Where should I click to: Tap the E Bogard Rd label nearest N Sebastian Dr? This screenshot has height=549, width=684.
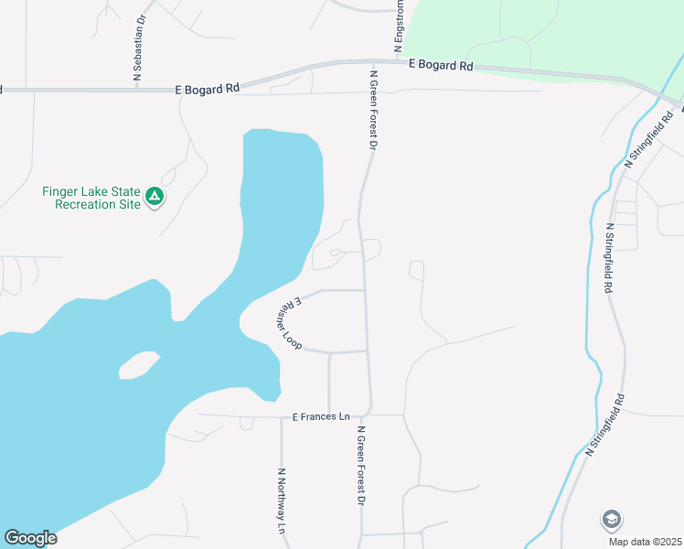pos(208,89)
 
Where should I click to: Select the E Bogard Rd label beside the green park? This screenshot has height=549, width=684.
pos(442,65)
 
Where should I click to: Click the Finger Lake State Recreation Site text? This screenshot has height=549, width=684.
pos(91,198)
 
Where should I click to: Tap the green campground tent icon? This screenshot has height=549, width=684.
pos(156,196)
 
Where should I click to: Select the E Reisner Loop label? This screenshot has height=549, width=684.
pos(288,324)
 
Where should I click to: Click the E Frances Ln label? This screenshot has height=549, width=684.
pos(321,416)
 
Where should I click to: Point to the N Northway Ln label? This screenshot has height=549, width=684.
pos(283,501)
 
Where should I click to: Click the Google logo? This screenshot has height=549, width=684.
pos(30,538)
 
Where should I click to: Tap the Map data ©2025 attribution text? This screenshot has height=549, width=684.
pos(644,542)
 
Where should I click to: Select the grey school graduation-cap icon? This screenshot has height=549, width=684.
pos(612,520)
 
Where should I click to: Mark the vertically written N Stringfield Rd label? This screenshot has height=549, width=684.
pos(608,258)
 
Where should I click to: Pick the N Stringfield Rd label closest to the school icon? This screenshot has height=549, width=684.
pos(606,425)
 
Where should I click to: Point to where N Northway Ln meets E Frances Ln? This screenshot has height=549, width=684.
pos(282,416)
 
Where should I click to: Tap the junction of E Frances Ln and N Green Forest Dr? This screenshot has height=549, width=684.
pos(369,413)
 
